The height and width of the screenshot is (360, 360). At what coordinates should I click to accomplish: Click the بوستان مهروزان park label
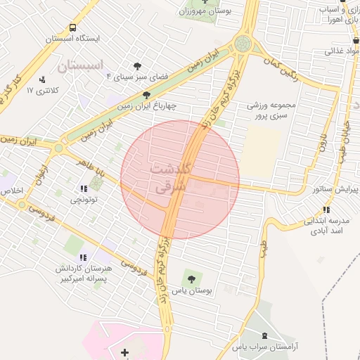tap(205, 11)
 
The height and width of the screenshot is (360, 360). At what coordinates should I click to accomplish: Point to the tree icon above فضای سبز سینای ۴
tap(136, 65)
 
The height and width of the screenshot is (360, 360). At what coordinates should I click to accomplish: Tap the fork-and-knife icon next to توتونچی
tap(84, 188)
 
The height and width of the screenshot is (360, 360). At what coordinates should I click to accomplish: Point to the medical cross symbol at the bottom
tap(125, 351)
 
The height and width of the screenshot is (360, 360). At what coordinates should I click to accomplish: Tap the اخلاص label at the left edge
tap(11, 191)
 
